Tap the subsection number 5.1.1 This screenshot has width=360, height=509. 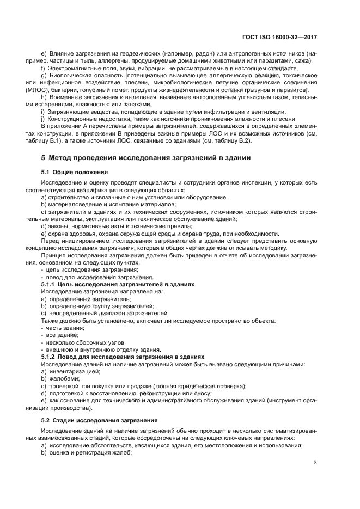[51, 284]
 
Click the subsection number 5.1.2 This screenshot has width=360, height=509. [51, 355]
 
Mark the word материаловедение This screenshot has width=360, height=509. [75, 204]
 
